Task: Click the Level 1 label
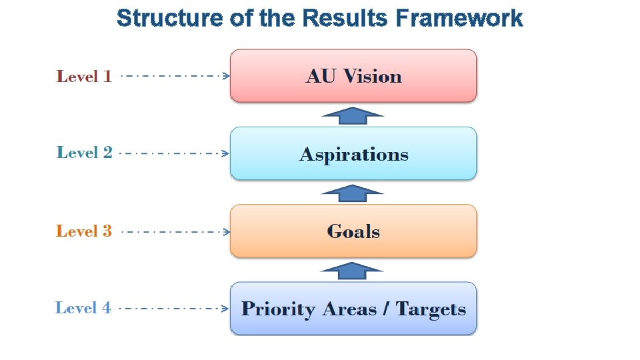(x=84, y=76)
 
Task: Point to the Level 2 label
(x=84, y=153)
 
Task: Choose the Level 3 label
(x=84, y=231)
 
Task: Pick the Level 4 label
(x=83, y=308)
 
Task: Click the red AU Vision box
(x=353, y=75)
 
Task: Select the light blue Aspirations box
(x=353, y=153)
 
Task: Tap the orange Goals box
(x=353, y=231)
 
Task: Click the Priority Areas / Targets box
(x=353, y=308)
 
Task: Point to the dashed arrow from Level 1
(x=175, y=76)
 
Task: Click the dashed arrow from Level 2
(x=173, y=153)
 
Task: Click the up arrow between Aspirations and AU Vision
(x=353, y=115)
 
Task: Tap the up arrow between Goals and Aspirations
(x=353, y=193)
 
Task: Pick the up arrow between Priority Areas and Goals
(x=352, y=270)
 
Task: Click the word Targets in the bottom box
(x=431, y=309)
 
